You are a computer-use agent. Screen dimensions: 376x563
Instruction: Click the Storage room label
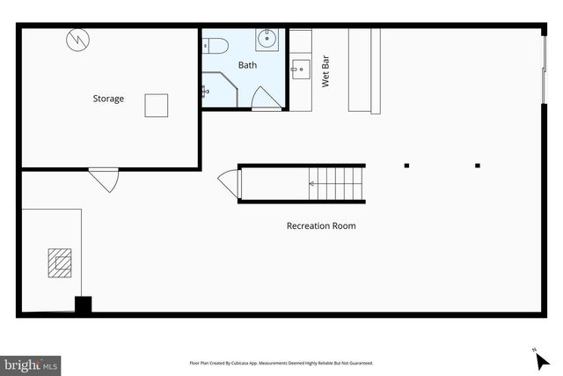pos(108,99)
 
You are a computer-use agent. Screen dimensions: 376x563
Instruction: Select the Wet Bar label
pos(325,73)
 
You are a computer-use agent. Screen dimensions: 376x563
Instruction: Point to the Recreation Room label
pos(321,225)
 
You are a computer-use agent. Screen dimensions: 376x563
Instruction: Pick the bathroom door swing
pos(266,99)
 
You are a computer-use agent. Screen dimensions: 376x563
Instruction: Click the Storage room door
pos(104,179)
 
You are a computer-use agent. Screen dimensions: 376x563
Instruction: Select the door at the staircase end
pos(229,183)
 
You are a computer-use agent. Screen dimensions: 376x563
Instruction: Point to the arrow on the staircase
pos(312,183)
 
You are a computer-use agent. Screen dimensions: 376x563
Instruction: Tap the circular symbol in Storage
pos(76,40)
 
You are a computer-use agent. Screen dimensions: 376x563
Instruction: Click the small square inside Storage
pos(157,105)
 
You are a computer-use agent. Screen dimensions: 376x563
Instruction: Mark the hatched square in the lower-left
pos(61,262)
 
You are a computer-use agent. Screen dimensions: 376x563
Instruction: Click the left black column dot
pos(406,165)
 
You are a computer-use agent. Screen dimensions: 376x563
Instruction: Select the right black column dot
pos(478,165)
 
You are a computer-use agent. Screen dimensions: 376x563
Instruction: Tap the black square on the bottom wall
pos(83,306)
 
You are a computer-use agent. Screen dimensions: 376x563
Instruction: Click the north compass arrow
pos(541,359)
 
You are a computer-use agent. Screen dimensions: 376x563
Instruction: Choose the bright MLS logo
pos(32,364)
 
